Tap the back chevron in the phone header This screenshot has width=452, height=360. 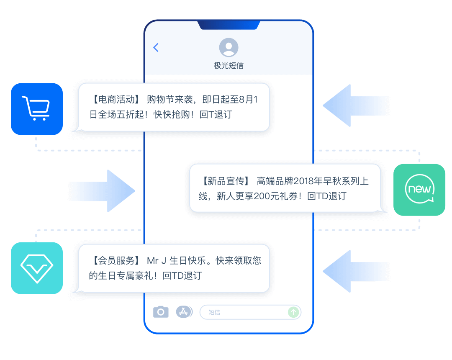click(x=156, y=48)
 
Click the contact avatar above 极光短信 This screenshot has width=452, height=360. click(x=229, y=47)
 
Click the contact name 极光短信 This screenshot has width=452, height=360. click(x=229, y=66)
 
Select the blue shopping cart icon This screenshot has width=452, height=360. click(x=37, y=109)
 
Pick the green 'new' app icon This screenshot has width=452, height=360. click(x=419, y=190)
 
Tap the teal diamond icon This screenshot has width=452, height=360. click(x=37, y=268)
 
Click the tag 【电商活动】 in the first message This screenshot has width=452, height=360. click(x=114, y=100)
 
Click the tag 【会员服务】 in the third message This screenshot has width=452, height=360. click(x=114, y=261)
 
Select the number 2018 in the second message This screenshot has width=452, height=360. click(x=303, y=181)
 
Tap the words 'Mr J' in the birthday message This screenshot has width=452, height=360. click(x=157, y=261)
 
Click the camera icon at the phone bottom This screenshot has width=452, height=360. click(x=161, y=312)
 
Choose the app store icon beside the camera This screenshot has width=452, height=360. click(x=184, y=312)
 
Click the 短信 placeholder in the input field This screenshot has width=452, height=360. click(x=214, y=312)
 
